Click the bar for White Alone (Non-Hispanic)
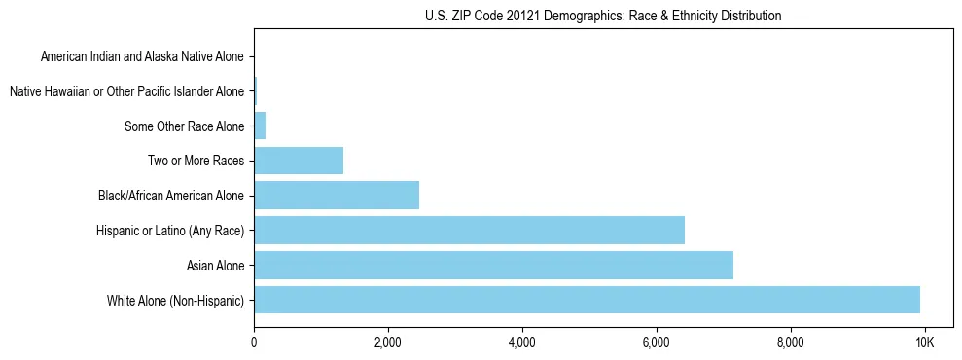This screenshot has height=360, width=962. (x=587, y=300)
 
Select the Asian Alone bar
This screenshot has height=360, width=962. (x=493, y=265)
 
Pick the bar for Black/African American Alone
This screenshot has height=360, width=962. (x=337, y=196)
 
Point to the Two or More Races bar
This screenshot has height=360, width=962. (x=299, y=161)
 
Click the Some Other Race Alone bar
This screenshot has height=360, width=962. (x=260, y=126)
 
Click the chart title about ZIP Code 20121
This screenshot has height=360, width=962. (x=603, y=16)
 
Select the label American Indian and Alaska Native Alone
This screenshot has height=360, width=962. (x=142, y=56)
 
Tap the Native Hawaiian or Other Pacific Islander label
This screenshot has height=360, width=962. (x=126, y=91)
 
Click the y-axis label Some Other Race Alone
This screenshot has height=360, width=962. (x=185, y=126)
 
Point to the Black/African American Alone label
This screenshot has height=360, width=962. (x=171, y=196)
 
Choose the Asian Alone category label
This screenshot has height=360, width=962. (x=215, y=265)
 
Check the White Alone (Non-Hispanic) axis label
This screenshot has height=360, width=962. (x=176, y=300)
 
